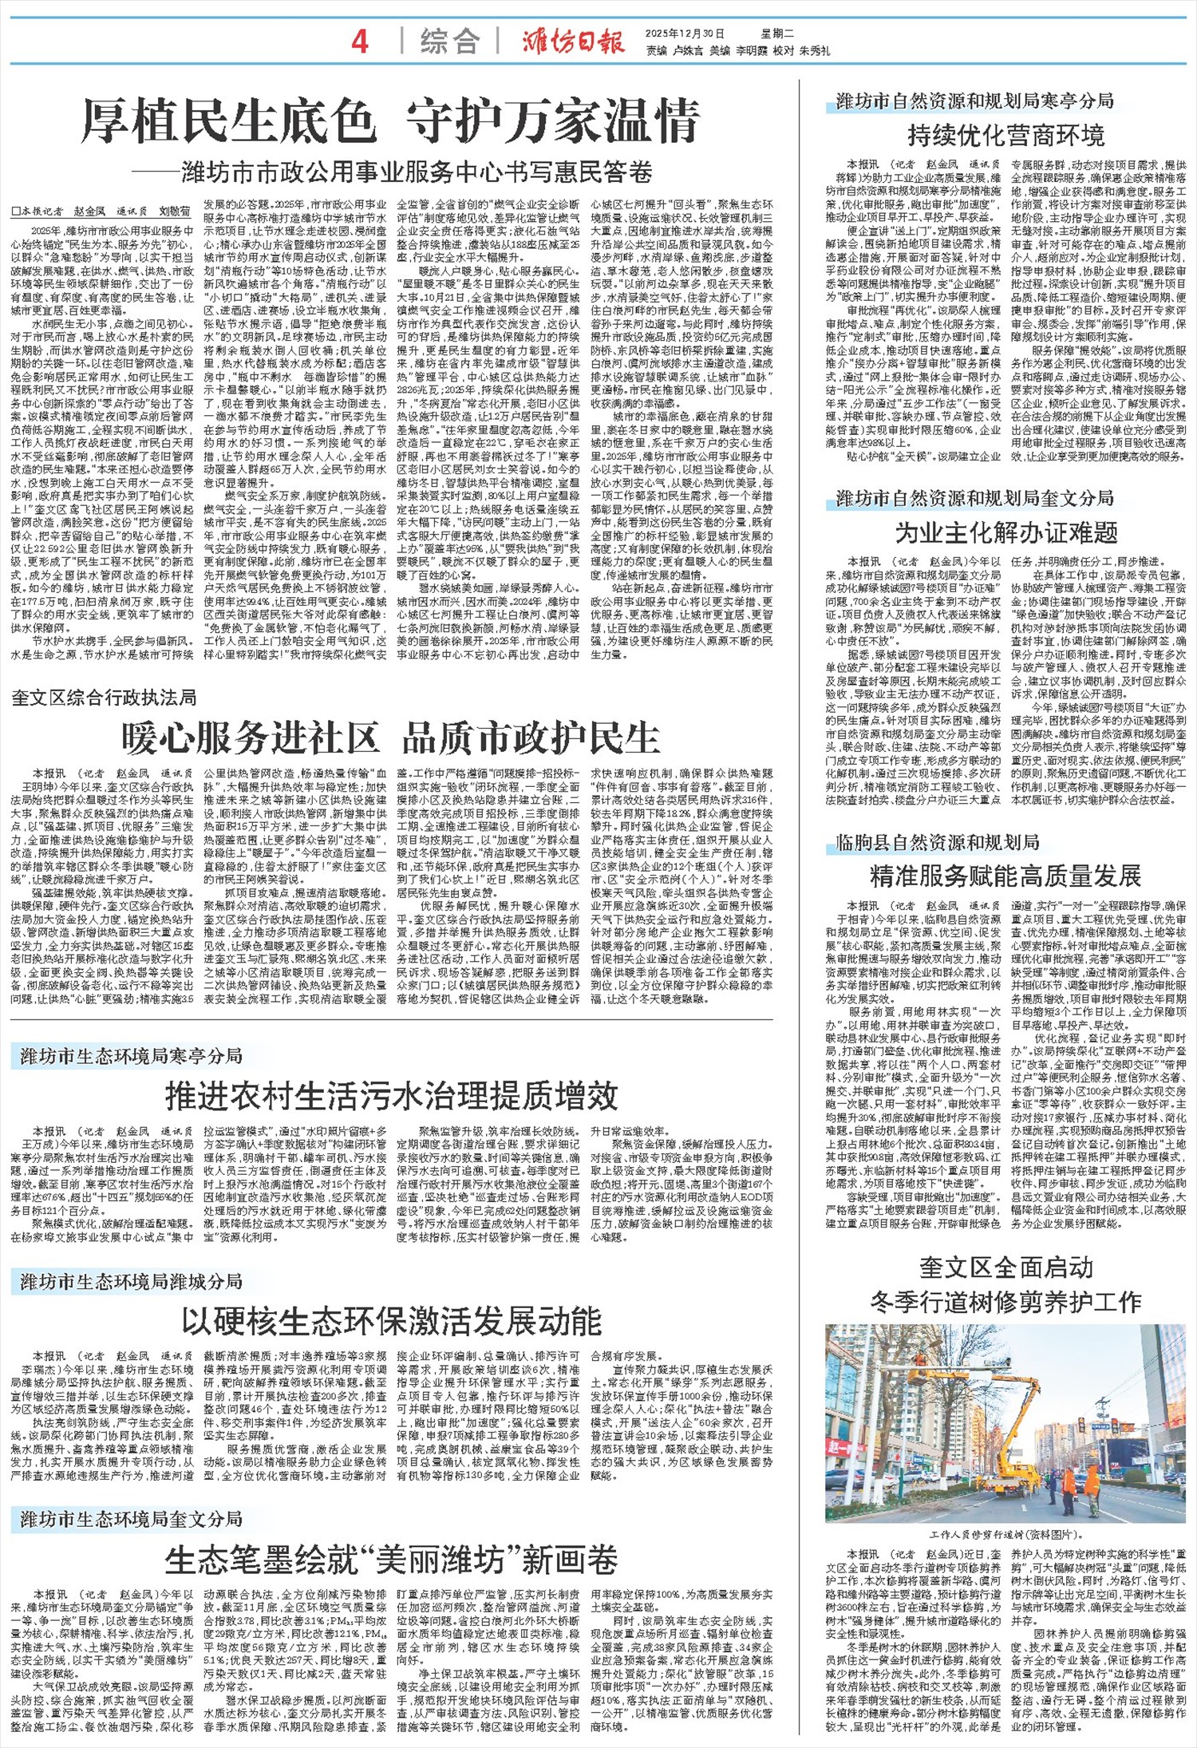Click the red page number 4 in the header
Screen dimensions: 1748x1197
pos(360,41)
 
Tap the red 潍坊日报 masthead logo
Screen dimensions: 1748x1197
pos(573,41)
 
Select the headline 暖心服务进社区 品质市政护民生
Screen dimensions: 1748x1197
pos(391,738)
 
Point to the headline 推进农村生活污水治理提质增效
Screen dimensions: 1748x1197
pos(391,1096)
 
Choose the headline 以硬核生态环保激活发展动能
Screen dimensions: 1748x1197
pos(391,1321)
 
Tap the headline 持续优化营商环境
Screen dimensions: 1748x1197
pos(1005,136)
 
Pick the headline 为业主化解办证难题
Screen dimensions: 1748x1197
pos(1005,533)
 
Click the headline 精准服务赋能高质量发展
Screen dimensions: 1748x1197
pos(1005,876)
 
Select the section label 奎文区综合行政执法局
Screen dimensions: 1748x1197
pos(105,698)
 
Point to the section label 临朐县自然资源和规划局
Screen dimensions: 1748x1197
pos(938,842)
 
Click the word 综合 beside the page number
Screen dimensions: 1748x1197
pos(450,42)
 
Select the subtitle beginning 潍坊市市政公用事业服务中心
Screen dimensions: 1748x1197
pos(415,172)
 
